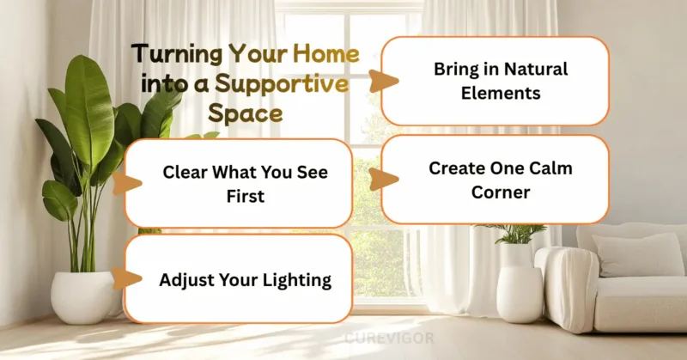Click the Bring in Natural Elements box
495,81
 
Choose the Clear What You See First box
238,184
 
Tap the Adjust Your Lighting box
238,279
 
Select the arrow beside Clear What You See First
128,184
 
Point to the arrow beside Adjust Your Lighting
128,279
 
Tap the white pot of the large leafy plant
82,296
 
